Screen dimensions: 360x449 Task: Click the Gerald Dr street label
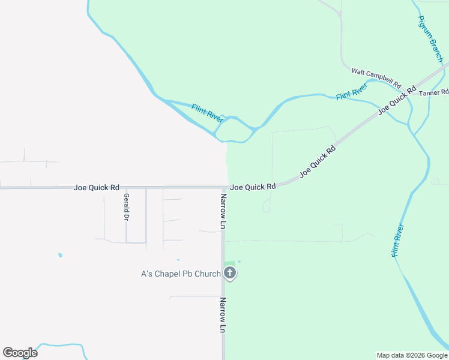[126, 206]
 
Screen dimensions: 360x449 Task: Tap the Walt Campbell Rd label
[376, 76]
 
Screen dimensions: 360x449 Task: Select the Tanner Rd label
[433, 93]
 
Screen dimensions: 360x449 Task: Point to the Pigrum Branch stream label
[430, 39]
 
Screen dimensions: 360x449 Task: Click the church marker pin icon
[229, 274]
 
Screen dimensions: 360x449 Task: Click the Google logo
[20, 353]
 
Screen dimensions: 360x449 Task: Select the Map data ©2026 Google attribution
[411, 355]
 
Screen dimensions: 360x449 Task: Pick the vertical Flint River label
[397, 241]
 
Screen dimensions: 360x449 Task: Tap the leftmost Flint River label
[208, 113]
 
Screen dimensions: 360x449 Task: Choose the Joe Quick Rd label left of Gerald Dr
[96, 188]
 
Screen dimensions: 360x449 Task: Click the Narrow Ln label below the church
[223, 315]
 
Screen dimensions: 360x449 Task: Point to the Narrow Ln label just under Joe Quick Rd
[223, 211]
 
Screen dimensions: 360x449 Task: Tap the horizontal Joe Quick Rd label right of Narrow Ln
[253, 187]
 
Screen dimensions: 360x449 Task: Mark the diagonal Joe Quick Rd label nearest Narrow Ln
[318, 160]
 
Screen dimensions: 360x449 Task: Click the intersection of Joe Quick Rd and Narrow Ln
[223, 188]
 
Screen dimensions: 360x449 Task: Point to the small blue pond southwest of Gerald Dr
[60, 255]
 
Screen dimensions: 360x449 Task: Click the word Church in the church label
[208, 274]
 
